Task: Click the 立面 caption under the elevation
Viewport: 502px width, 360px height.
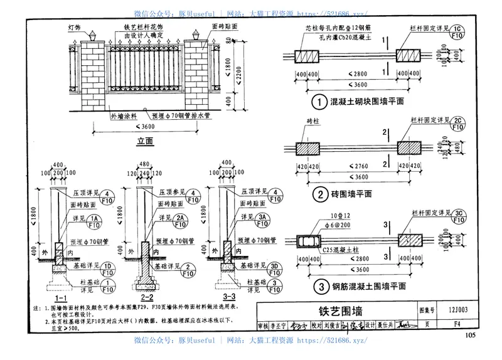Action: (145, 142)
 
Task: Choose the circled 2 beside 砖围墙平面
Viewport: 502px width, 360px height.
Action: (319, 193)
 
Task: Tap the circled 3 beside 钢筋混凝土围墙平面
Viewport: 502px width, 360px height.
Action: (319, 287)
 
